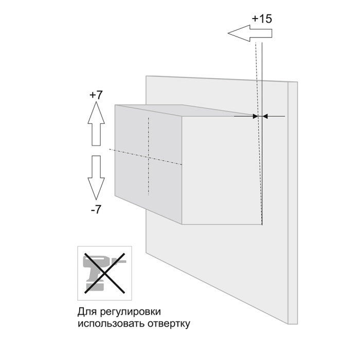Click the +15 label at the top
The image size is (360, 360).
262,19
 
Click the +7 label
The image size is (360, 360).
96,95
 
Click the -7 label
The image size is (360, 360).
96,209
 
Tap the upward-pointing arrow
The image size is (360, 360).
96,124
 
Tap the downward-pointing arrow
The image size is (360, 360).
96,178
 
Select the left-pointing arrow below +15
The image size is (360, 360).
250,33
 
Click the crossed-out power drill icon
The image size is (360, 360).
105,273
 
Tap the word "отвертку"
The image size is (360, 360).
169,324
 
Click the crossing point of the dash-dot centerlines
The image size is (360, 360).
149,158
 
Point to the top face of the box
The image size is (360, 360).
184,111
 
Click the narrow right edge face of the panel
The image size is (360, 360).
293,203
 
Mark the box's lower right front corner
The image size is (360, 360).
262,224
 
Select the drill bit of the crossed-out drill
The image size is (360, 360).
121,261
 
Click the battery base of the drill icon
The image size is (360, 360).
95,287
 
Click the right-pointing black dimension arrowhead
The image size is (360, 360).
255,116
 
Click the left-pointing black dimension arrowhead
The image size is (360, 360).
265,116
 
